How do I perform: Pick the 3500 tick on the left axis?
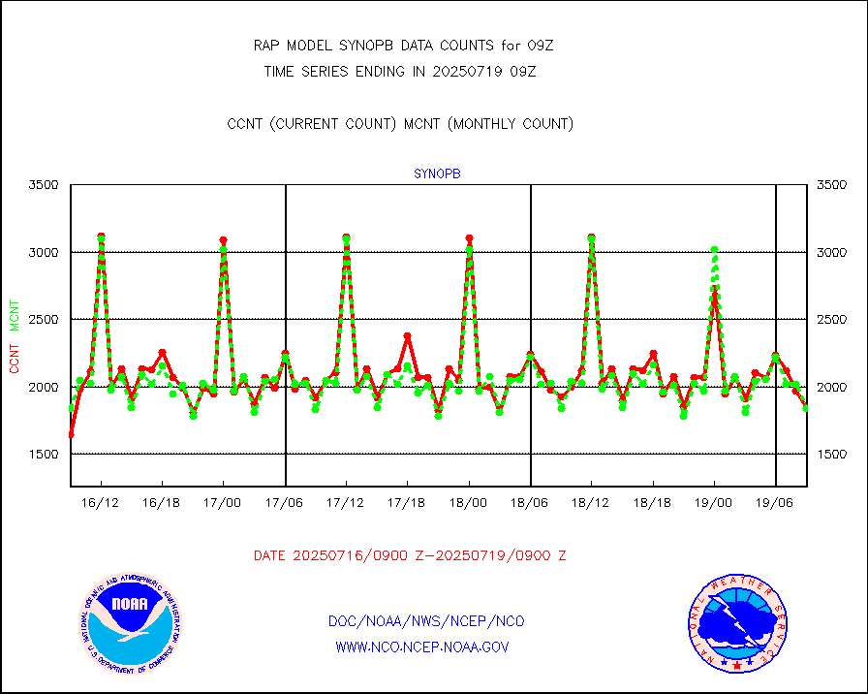[x=43, y=185]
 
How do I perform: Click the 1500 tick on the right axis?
[x=833, y=455]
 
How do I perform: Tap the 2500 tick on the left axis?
[x=43, y=320]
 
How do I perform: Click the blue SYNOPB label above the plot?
[x=437, y=173]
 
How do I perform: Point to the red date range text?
[x=410, y=556]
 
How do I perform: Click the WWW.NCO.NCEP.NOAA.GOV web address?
[x=421, y=647]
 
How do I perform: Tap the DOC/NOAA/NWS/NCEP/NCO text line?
[x=426, y=621]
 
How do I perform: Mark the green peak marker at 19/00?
[x=715, y=250]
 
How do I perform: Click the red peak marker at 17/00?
[x=224, y=239]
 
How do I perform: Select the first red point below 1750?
[x=71, y=434]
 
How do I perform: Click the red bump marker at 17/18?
[x=408, y=336]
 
